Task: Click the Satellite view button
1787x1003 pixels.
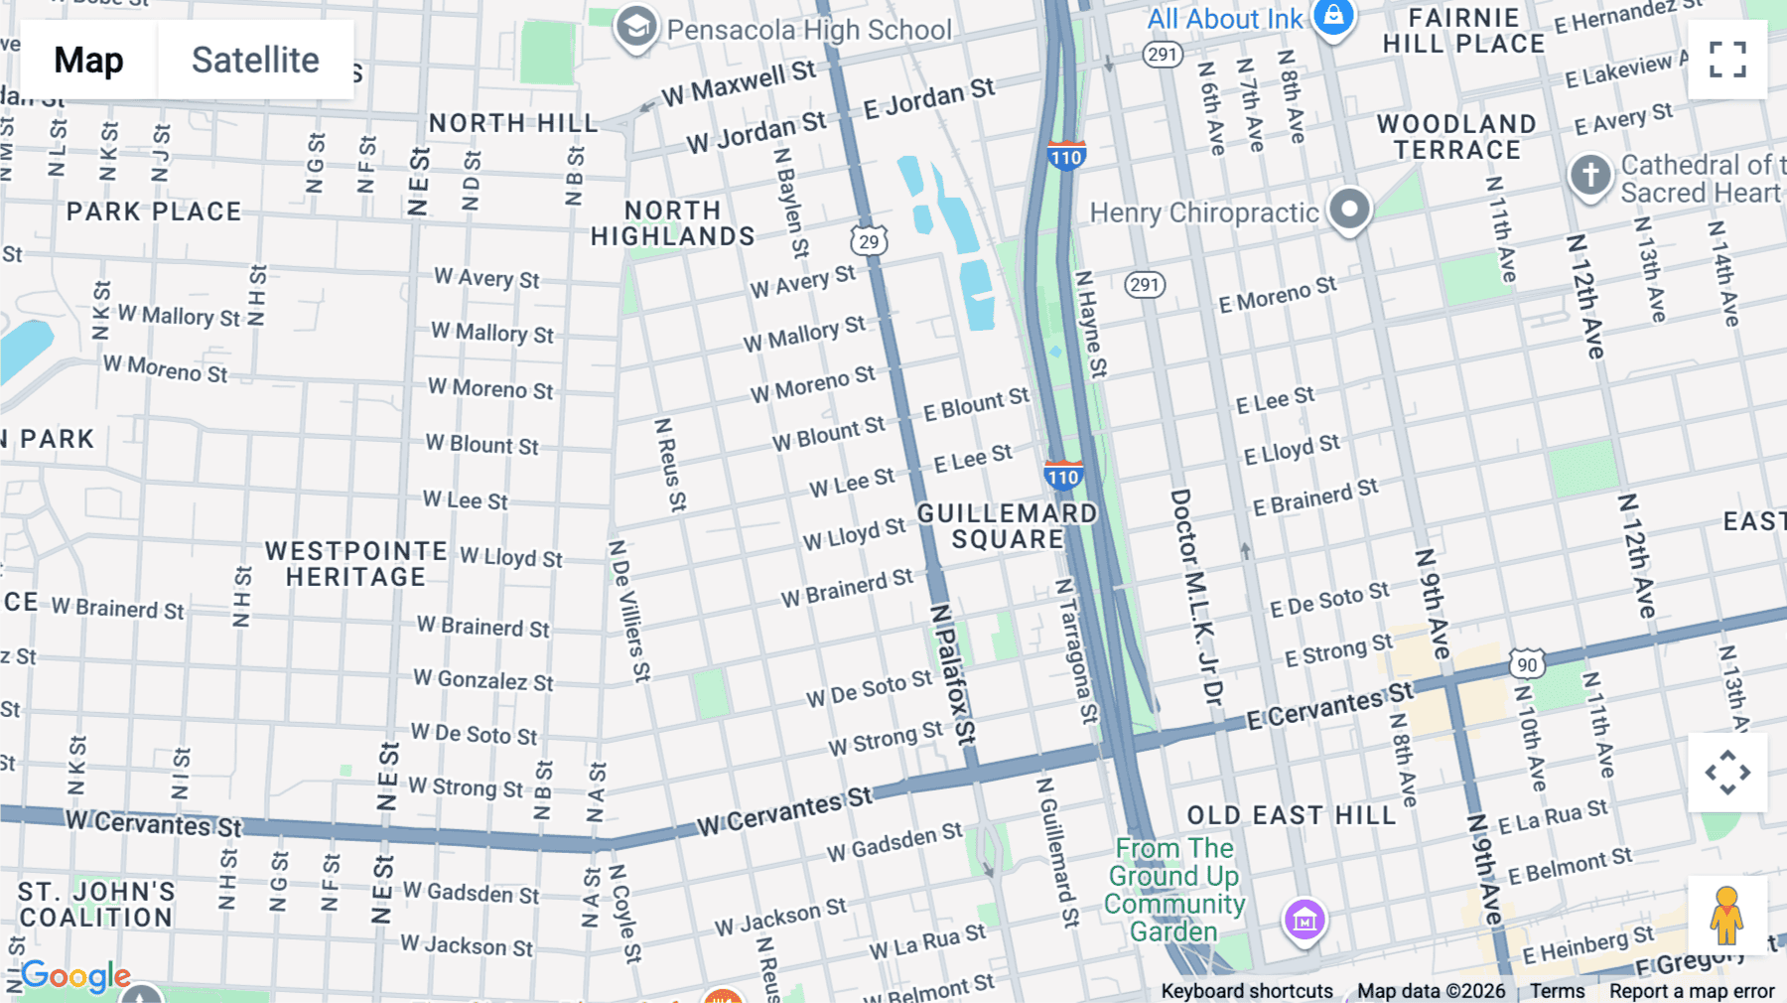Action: tap(255, 60)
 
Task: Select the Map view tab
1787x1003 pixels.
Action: tap(89, 60)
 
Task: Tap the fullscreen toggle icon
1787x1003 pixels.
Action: tap(1727, 60)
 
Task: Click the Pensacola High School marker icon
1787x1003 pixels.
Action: tap(635, 27)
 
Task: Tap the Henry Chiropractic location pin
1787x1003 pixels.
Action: tap(1349, 210)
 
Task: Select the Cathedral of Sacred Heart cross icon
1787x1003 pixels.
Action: tap(1589, 175)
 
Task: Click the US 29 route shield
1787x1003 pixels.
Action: tap(869, 241)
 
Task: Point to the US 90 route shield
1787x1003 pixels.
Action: tap(1527, 664)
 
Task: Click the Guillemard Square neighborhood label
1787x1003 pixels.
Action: tap(1007, 526)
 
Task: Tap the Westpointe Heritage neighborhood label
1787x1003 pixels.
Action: tap(355, 564)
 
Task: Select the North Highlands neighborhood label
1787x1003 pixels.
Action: tap(673, 223)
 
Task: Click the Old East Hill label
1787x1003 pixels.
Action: tap(1292, 815)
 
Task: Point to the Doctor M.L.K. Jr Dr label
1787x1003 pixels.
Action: tap(1195, 596)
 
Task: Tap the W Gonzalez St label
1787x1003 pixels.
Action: tap(483, 680)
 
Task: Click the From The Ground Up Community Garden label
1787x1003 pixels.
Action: tap(1174, 890)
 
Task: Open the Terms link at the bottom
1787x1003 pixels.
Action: tap(1557, 991)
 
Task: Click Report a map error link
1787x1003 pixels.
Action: tap(1692, 991)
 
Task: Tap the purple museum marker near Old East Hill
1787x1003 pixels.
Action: tap(1305, 920)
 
